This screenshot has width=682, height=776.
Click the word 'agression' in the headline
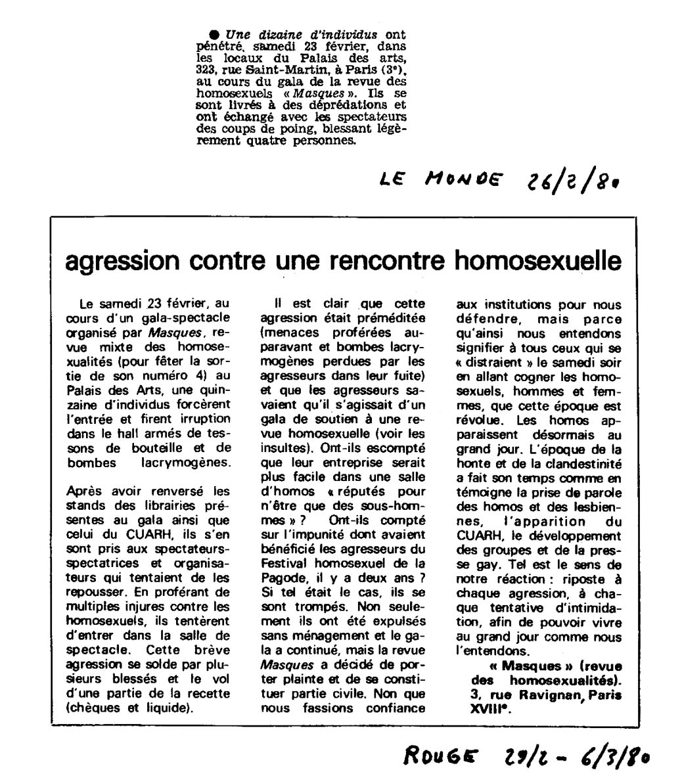tap(122, 261)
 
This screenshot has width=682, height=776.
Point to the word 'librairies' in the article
tap(168, 505)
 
